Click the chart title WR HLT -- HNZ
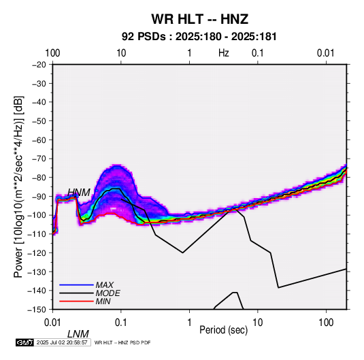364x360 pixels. [200, 19]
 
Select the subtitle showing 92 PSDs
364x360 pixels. [199, 37]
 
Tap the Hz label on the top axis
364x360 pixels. [224, 53]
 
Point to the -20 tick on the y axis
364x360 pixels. [39, 65]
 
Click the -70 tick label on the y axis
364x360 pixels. [39, 159]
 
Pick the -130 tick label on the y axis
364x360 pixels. [37, 272]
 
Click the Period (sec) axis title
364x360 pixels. [224, 330]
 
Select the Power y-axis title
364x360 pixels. [18, 186]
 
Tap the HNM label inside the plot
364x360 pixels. [79, 193]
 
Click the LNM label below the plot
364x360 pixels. [78, 334]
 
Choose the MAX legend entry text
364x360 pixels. [105, 285]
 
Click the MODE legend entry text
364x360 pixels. [107, 293]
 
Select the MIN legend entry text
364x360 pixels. [103, 301]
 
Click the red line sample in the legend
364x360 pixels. [76, 301]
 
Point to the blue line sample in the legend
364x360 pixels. [76, 285]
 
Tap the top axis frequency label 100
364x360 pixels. [52, 53]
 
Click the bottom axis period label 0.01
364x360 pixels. [52, 323]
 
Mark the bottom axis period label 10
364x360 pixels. [258, 323]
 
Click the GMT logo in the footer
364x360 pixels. [24, 342]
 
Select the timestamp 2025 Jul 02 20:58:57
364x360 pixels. [62, 342]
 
